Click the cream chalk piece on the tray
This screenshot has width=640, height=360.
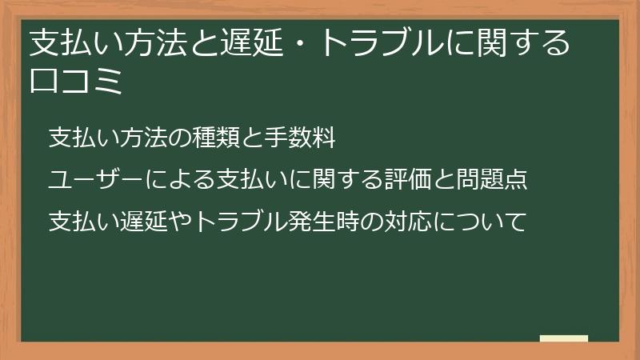[x=564, y=338]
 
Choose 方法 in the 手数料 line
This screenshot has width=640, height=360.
[x=131, y=138]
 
